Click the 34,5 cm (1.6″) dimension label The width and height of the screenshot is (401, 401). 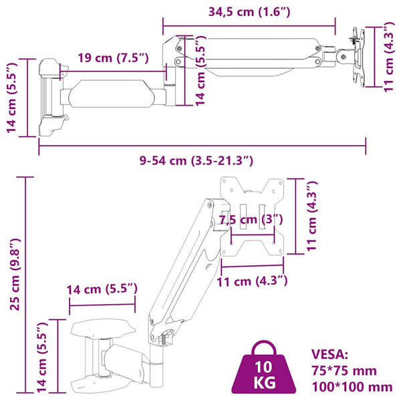pos(249,12)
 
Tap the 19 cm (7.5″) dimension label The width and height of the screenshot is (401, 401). pos(113,57)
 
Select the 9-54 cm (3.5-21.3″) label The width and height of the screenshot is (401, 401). pos(196,160)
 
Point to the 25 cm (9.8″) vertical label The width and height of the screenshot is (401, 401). pos(15,274)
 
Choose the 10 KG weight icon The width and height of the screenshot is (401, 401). pos(264,369)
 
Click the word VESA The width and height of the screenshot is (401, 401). pos(329,354)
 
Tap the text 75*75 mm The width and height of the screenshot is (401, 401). pos(344,370)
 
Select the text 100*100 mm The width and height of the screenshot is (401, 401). pos(352,387)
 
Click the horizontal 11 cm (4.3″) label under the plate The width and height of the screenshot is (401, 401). pos(252,281)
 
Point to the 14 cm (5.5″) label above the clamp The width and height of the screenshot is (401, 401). pos(102,289)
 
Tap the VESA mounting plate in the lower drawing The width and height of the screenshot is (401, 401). pos(252,217)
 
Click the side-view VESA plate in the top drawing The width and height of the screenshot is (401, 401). pos(359,57)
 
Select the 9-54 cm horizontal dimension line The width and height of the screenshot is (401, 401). pos(202,146)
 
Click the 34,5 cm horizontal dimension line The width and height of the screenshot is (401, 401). pos(249,26)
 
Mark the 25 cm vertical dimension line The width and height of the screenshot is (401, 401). pos(25,285)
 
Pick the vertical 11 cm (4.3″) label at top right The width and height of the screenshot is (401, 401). pos(388,57)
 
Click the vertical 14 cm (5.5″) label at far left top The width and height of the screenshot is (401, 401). pos(11,98)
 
